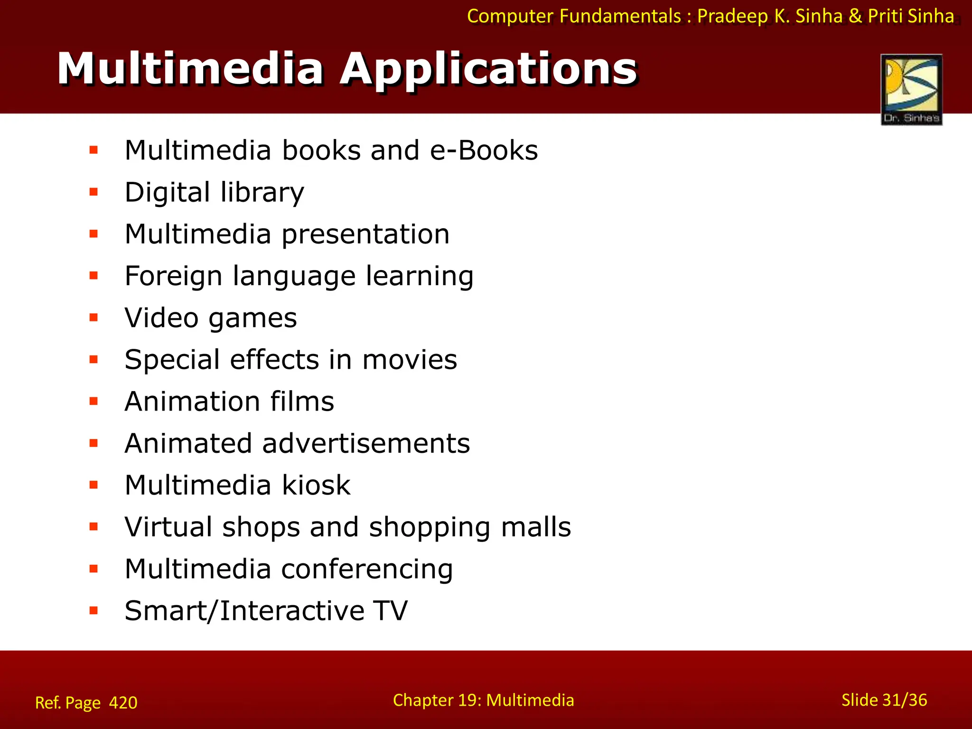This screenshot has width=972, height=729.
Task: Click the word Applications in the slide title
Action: (x=489, y=70)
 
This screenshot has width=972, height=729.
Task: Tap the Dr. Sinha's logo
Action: (x=911, y=90)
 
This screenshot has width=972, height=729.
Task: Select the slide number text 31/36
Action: (x=905, y=700)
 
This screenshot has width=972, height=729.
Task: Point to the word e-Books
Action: (x=484, y=150)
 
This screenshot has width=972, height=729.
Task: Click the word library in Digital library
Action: (x=262, y=193)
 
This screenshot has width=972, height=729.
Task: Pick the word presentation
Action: (x=365, y=235)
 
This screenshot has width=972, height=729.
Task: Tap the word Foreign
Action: (x=173, y=276)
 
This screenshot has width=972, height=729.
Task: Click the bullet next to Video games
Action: (x=93, y=318)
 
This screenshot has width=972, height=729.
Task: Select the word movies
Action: (x=410, y=359)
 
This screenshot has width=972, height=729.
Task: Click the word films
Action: (x=302, y=401)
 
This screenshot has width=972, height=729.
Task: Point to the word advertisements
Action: (x=366, y=443)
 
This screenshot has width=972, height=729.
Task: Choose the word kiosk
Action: (x=316, y=485)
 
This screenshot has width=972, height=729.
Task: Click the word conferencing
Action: (x=367, y=570)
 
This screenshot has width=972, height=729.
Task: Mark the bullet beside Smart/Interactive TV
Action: (x=93, y=610)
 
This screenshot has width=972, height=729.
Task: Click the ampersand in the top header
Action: (x=855, y=16)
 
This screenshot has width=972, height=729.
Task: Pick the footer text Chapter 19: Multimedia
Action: (x=483, y=700)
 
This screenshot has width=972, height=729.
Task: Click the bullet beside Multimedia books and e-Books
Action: (x=93, y=150)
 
